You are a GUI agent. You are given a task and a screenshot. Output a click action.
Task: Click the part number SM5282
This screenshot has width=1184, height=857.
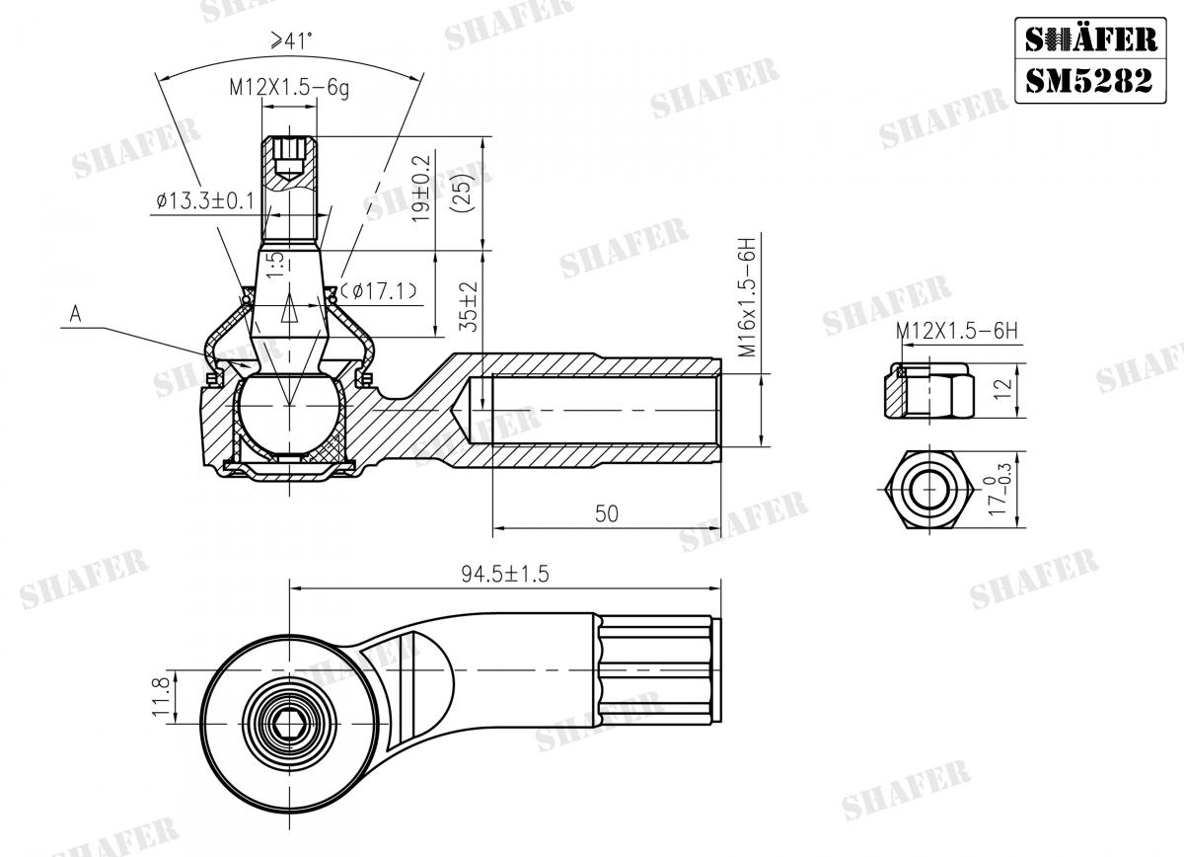pyautogui.click(x=1087, y=80)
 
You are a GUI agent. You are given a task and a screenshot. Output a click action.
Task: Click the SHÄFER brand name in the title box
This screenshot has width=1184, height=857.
pyautogui.click(x=1087, y=39)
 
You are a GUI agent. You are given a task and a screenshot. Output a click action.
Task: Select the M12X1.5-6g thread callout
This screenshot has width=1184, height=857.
pyautogui.click(x=290, y=87)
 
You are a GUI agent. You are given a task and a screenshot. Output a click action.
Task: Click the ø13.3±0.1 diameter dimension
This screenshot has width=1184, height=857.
pyautogui.click(x=204, y=201)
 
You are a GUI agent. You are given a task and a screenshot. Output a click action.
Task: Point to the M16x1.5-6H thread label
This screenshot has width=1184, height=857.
pyautogui.click(x=747, y=296)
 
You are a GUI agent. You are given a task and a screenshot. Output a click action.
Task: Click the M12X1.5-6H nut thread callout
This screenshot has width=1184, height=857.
pyautogui.click(x=956, y=332)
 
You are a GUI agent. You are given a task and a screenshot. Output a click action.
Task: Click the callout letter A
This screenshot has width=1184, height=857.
pyautogui.click(x=74, y=314)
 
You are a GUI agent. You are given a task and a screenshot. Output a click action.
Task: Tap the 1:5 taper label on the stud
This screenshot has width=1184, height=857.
pyautogui.click(x=276, y=263)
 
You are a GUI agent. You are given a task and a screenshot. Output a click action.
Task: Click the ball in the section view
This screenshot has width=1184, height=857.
pyautogui.click(x=288, y=410)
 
